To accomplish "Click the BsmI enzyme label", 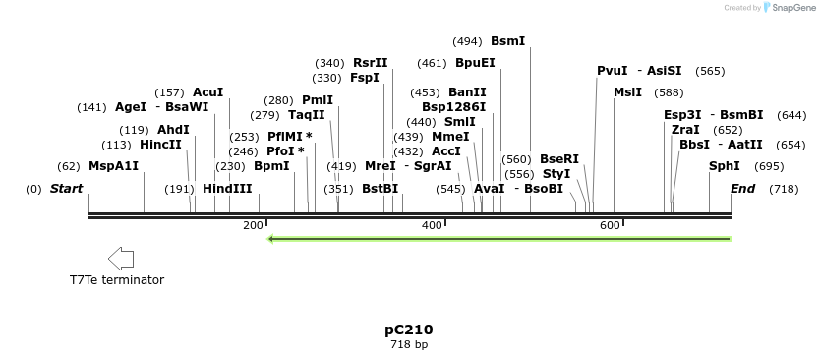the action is click(507, 41).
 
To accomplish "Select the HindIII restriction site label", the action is click(227, 189).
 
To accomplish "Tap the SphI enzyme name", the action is click(724, 166).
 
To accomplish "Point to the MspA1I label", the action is click(113, 166).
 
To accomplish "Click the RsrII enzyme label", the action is click(371, 63).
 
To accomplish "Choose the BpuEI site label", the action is click(475, 63).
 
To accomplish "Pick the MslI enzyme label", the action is click(627, 92).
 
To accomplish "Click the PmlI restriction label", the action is click(318, 100).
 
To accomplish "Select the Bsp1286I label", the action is click(453, 107).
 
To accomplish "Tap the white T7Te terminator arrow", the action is click(120, 259).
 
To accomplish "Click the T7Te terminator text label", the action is click(116, 280).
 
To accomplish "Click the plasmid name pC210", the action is click(409, 330).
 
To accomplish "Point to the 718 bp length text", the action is click(409, 345).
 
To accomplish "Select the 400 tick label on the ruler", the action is click(431, 226).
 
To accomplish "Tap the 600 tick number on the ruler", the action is click(609, 226).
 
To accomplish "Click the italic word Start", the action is click(66, 189).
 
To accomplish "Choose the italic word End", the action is click(742, 189).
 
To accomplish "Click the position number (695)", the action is click(769, 166).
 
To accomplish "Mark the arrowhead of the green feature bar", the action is click(271, 239).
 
